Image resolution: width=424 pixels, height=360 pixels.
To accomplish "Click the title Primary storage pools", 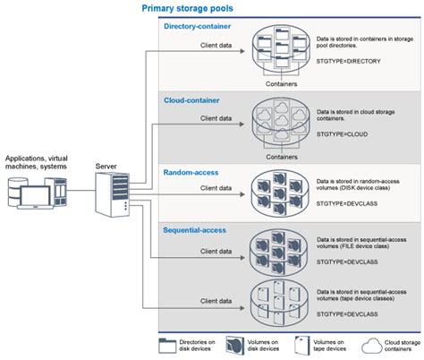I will [189, 8].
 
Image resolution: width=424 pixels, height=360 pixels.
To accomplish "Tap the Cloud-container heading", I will [191, 101].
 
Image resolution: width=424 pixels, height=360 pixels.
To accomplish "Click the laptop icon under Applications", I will [36, 193].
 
